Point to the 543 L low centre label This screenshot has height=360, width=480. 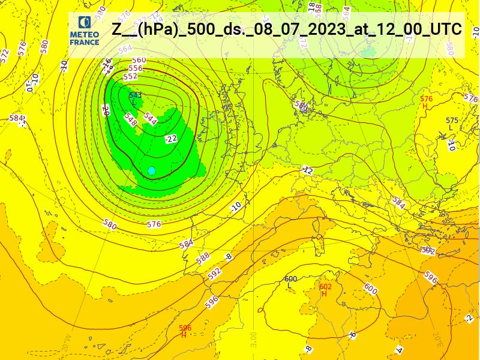[x=135, y=98]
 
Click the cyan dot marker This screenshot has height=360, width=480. [x=152, y=171]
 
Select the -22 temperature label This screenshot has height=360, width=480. [x=172, y=139]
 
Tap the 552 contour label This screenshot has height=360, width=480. [x=130, y=77]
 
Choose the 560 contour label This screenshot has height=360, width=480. [x=139, y=60]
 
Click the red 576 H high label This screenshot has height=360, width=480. [x=426, y=102]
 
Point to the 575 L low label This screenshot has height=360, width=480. [x=452, y=124]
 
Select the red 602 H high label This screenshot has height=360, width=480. [x=325, y=290]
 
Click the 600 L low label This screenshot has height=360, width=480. [x=290, y=281]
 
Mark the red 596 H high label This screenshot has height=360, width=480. [x=185, y=331]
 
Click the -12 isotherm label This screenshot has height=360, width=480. [x=308, y=170]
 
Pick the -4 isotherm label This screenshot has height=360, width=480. [x=399, y=350]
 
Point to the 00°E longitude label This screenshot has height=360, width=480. [x=253, y=338]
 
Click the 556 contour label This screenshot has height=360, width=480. [x=136, y=68]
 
